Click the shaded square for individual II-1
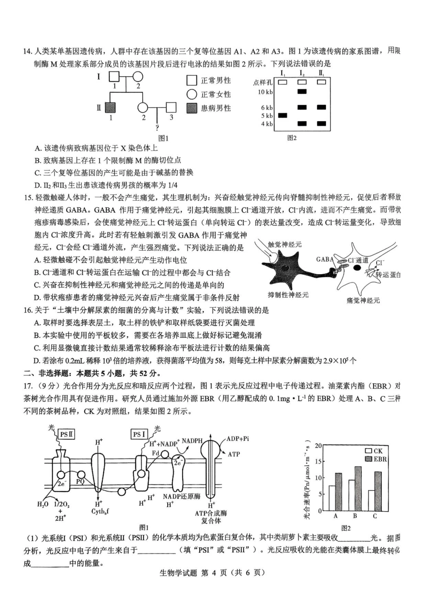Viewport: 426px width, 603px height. point(110,108)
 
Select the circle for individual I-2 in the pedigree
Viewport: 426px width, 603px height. point(138,77)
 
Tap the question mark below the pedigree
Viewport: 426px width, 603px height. point(157,127)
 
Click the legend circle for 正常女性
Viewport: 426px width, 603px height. point(192,94)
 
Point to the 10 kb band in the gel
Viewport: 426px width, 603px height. point(302,92)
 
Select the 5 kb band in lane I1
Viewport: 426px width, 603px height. point(283,116)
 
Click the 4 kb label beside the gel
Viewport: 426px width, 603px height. point(267,124)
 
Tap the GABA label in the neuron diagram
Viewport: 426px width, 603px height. point(325,259)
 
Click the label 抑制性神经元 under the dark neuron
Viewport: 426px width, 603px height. point(288,295)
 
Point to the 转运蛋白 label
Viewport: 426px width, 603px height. point(388,275)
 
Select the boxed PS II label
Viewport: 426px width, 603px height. point(67,434)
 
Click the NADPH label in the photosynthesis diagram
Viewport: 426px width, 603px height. point(192,441)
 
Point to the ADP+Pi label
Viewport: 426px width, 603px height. point(238,439)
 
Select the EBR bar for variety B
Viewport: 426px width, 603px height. point(358,488)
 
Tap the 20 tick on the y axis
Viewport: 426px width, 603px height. point(318,446)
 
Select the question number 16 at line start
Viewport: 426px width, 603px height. point(28,310)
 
